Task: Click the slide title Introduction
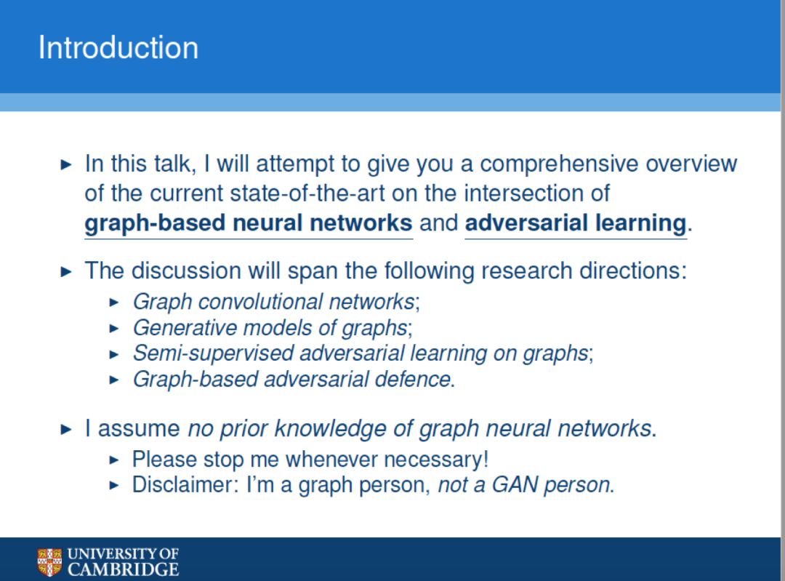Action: [118, 47]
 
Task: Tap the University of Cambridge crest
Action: [49, 563]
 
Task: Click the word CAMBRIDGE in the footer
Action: [123, 569]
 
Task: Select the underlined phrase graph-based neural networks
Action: [249, 223]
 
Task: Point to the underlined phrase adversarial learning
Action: [576, 223]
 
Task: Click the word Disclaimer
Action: [185, 485]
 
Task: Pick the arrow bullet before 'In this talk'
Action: [66, 164]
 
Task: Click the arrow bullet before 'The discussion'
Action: [66, 271]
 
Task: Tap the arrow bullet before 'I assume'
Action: [66, 429]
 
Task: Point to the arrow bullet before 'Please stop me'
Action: [114, 460]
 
